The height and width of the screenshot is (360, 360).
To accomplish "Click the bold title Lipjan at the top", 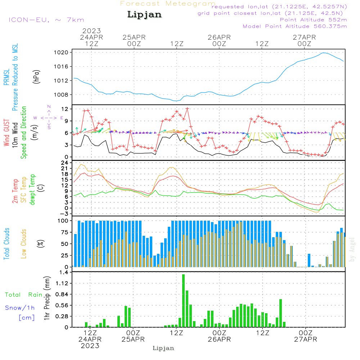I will (x=144, y=15).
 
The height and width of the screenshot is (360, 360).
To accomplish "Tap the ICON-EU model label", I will (x=46, y=20).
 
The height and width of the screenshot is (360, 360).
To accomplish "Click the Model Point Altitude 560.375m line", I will (x=295, y=26).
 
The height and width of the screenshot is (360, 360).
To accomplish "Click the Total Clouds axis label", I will (x=6, y=244).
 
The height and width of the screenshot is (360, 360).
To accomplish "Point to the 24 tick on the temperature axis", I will (x=65, y=163).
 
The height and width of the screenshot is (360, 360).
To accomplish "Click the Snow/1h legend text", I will (x=20, y=308).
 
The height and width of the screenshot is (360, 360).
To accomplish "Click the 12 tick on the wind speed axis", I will (x=65, y=109).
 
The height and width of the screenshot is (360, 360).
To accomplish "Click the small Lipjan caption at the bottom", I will (x=163, y=348).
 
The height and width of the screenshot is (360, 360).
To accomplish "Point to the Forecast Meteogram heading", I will (x=168, y=4).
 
